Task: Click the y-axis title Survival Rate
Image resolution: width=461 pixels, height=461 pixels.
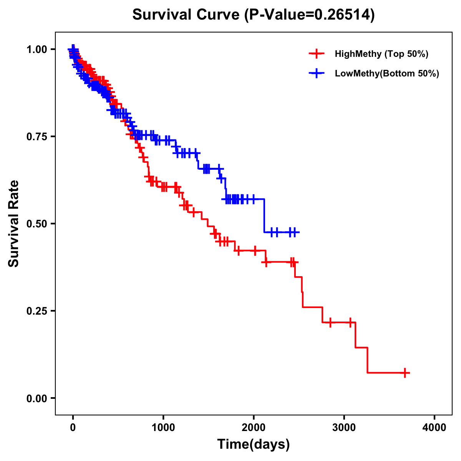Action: tap(14, 224)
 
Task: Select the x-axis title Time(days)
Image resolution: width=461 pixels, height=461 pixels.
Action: tap(254, 444)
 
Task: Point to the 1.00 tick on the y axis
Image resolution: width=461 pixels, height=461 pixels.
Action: tap(37, 49)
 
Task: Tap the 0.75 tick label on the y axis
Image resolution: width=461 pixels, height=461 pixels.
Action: tap(37, 136)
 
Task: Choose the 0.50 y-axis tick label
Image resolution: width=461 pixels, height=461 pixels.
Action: tap(37, 224)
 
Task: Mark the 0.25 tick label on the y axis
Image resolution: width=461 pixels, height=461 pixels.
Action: tap(37, 311)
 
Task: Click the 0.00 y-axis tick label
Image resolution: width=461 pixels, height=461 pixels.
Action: tap(37, 398)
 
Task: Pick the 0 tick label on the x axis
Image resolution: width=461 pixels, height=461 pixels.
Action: tap(73, 428)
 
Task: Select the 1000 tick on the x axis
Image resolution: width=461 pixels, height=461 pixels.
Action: tap(163, 428)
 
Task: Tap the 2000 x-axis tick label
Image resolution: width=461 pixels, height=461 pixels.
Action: tap(254, 428)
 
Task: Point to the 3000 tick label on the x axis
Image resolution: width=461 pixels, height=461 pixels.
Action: tap(344, 428)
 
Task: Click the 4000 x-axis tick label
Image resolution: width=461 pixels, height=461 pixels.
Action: tap(434, 428)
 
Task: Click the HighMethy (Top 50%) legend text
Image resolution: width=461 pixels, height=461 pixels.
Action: tap(381, 54)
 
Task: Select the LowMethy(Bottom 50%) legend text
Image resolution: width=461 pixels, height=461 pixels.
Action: tap(387, 73)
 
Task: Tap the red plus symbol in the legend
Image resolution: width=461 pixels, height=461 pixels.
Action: tap(316, 54)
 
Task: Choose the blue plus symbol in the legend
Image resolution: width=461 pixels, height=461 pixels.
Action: tap(316, 73)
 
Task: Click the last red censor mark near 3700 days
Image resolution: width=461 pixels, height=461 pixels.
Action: tap(405, 373)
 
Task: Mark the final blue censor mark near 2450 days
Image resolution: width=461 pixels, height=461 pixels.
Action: tap(295, 232)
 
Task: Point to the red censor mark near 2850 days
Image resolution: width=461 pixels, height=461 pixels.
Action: tap(330, 322)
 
